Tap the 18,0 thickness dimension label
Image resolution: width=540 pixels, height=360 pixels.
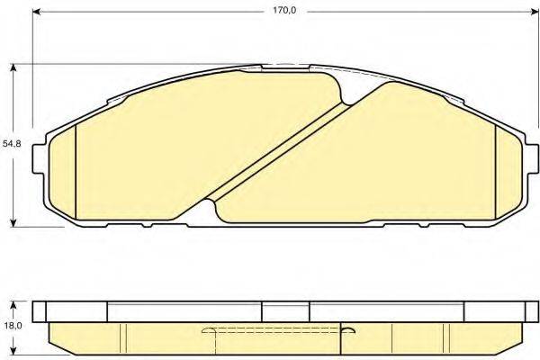coord(11,328)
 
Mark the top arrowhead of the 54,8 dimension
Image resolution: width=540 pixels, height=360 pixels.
coord(15,68)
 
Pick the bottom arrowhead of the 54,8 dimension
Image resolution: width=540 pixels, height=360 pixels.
coord(15,221)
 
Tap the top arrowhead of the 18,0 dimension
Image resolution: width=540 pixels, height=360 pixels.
coord(15,303)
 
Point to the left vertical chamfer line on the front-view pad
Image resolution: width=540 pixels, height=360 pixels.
coord(78,171)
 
